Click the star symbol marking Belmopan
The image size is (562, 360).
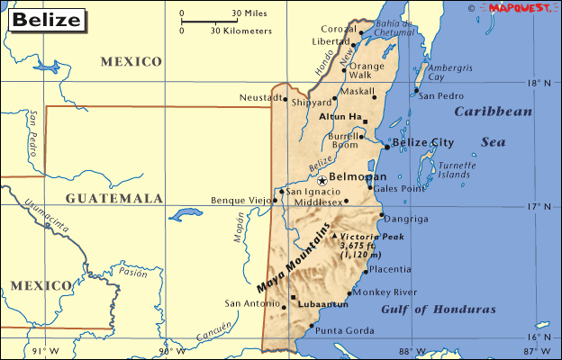(322, 180)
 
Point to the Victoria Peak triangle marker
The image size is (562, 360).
(335, 236)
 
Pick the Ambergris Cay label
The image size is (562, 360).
(449, 72)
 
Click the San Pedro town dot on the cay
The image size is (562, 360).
(415, 94)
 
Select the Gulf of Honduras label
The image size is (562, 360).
(439, 310)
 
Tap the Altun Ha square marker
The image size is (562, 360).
(366, 121)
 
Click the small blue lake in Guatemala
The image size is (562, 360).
(186, 214)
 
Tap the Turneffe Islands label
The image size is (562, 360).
(457, 169)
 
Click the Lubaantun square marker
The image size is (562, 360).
(293, 297)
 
